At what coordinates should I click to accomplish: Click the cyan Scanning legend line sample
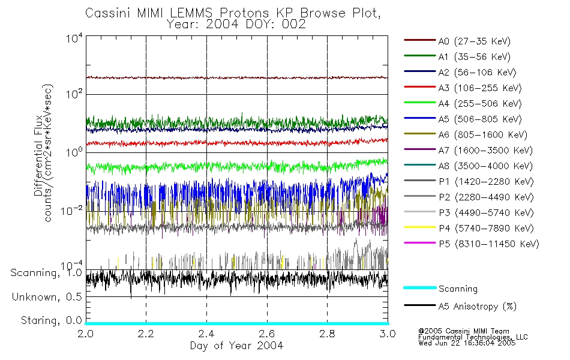[419, 289]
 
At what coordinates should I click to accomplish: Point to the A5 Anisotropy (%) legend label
[477, 307]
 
